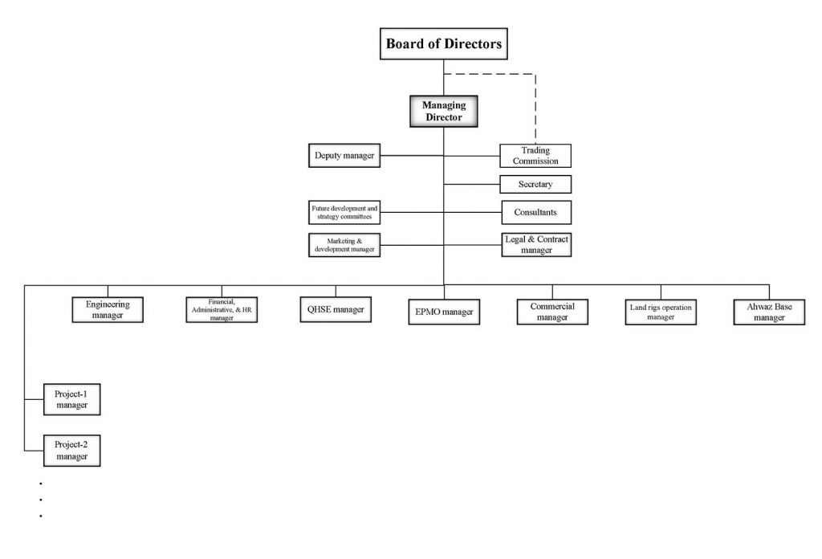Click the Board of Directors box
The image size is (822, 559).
[x=444, y=44]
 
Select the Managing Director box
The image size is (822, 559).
[x=444, y=111]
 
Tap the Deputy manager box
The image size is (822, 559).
[x=344, y=155]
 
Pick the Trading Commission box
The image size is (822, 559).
[x=535, y=156]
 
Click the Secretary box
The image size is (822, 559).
[x=535, y=184]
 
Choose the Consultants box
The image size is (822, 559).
[x=535, y=212]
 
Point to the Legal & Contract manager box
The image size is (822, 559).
[x=535, y=244]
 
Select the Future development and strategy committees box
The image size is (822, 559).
[x=344, y=212]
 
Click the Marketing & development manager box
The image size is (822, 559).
[x=344, y=244]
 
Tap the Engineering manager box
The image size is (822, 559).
[x=108, y=309]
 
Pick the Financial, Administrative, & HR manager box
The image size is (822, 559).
[x=222, y=309]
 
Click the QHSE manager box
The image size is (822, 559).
[x=336, y=309]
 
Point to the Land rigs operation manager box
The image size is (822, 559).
[x=661, y=311]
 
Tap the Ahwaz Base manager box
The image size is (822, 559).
[x=769, y=311]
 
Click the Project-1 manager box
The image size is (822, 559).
[x=71, y=399]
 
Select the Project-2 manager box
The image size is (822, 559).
[x=71, y=450]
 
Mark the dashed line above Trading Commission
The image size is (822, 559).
[x=535, y=104]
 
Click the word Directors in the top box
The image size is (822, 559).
[x=474, y=44]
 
